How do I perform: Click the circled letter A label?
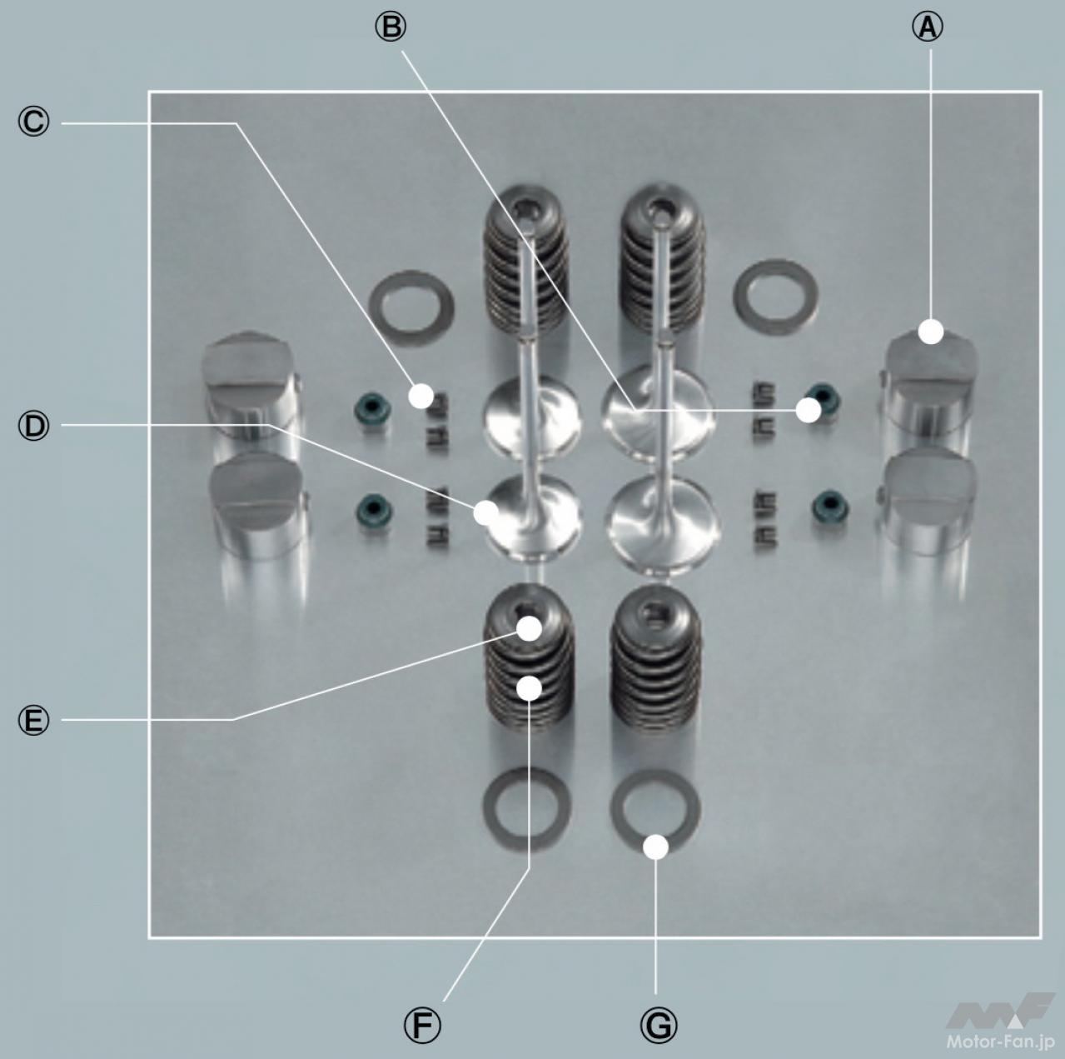[927, 27]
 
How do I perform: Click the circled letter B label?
[391, 27]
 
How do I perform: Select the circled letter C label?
[33, 122]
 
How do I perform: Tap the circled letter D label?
[33, 426]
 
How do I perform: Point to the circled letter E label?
[33, 721]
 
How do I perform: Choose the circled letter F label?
[422, 1025]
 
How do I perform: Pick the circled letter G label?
[658, 1025]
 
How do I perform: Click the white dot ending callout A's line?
[931, 332]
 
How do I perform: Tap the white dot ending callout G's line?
[655, 847]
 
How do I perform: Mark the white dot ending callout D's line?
[485, 512]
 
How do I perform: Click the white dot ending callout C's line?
[421, 396]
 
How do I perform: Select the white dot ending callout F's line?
[529, 688]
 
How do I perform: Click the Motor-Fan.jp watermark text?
[1001, 1042]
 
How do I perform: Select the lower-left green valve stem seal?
[373, 509]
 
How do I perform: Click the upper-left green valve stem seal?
[372, 410]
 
